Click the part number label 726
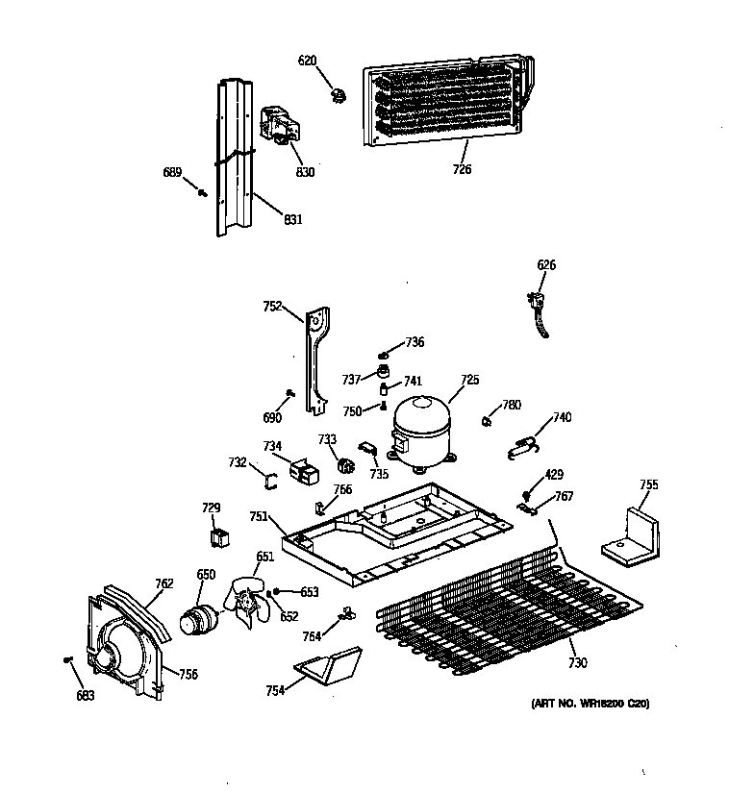point(462,170)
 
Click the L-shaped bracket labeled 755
point(632,535)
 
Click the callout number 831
point(292,219)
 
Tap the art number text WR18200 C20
point(590,705)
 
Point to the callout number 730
point(577,663)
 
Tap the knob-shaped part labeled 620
point(337,94)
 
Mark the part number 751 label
point(258,516)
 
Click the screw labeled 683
point(67,659)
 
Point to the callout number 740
point(561,418)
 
